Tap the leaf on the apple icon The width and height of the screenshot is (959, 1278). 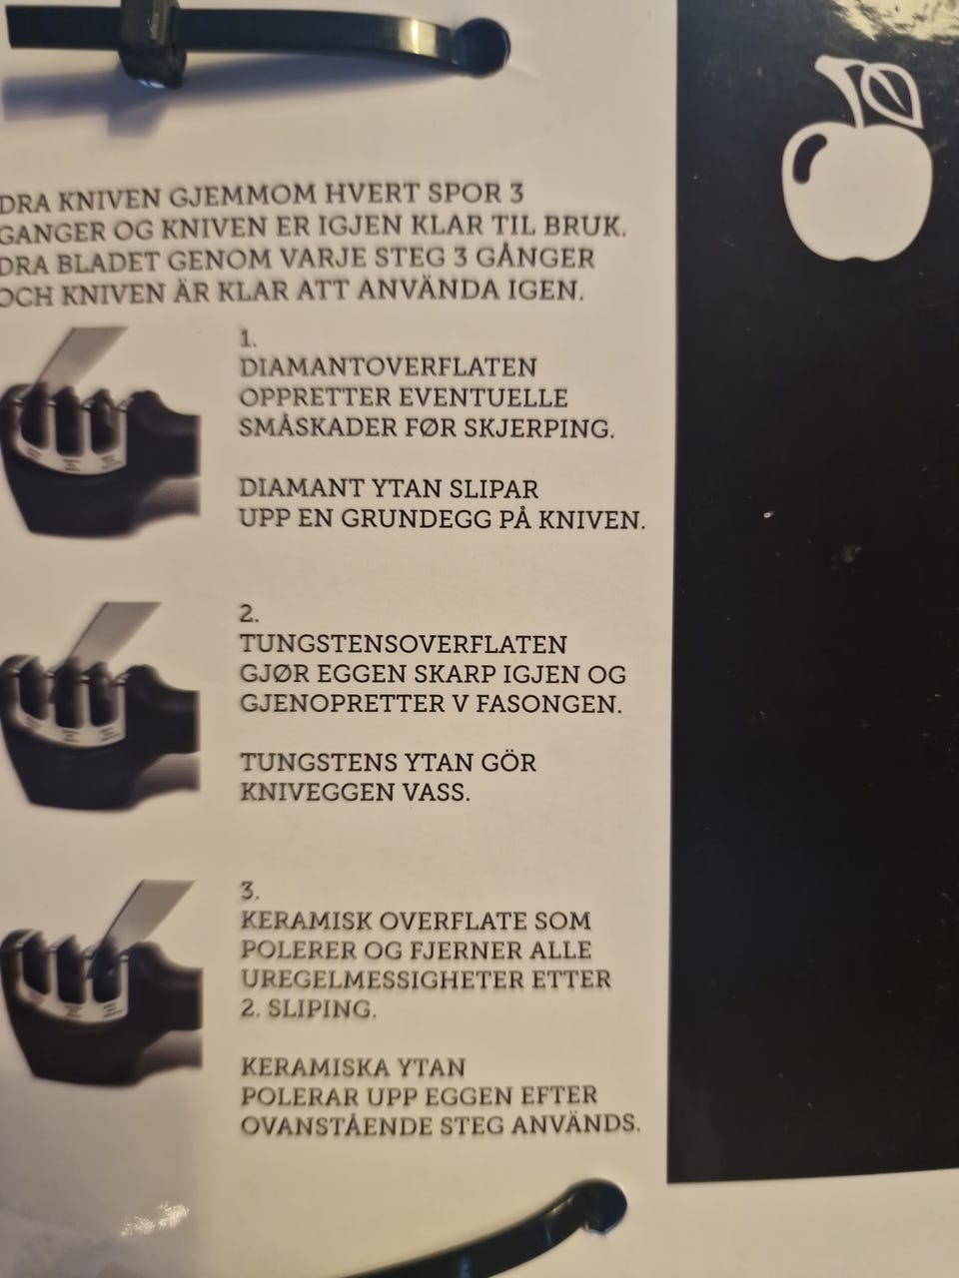point(891,92)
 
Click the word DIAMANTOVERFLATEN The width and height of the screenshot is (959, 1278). point(389,366)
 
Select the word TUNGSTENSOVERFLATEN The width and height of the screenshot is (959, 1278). point(403,644)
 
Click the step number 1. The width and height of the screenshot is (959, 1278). point(248,337)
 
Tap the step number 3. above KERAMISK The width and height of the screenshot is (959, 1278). point(250,891)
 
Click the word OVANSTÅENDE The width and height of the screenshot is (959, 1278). point(335,1126)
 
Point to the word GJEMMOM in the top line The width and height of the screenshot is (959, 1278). point(242,197)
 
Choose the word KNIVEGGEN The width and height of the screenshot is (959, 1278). point(312,792)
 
